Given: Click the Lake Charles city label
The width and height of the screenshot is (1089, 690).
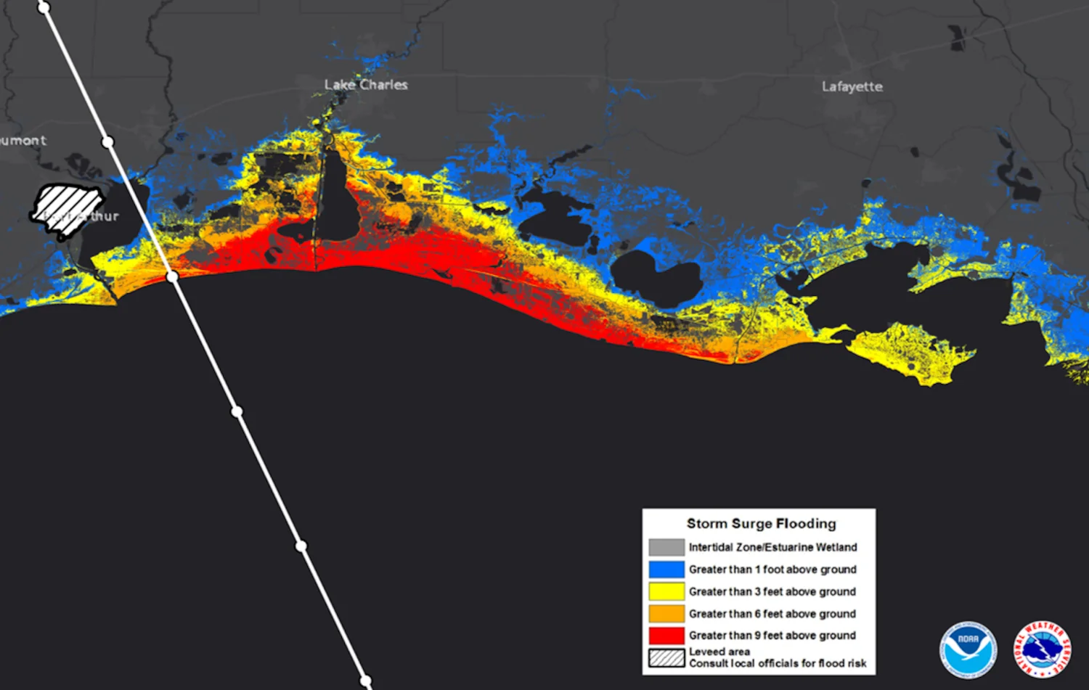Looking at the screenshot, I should click(366, 85).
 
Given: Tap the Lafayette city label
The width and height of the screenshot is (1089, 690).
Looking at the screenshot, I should click(852, 86).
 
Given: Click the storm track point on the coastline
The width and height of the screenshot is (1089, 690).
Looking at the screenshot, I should click(172, 276).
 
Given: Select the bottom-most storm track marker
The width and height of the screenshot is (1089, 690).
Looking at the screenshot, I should click(366, 681).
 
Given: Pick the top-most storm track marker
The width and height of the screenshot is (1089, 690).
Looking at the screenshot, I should click(44, 8).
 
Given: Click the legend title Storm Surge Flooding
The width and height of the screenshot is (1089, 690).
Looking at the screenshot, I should click(761, 524).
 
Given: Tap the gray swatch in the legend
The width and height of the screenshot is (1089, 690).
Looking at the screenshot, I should click(666, 547).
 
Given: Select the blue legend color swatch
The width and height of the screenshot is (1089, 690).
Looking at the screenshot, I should click(666, 570).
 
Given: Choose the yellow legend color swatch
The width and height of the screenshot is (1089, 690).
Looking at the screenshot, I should click(666, 591).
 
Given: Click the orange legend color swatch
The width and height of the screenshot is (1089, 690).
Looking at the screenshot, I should click(666, 614).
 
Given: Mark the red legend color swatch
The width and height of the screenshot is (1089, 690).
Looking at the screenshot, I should click(666, 636).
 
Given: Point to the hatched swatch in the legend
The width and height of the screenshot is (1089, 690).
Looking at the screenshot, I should click(666, 658).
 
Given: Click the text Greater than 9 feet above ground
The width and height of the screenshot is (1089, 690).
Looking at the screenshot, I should click(772, 636).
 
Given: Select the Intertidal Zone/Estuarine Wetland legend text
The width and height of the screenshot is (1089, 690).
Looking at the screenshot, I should click(772, 547).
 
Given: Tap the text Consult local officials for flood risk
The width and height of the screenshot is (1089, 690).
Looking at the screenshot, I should click(777, 663).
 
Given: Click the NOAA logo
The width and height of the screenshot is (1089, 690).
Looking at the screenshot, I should click(968, 649).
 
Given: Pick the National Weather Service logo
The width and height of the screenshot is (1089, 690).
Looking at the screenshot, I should click(1043, 649).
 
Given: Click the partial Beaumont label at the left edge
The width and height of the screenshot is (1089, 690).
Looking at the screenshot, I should click(23, 141).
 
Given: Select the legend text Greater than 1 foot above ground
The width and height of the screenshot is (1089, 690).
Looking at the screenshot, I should click(772, 570).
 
